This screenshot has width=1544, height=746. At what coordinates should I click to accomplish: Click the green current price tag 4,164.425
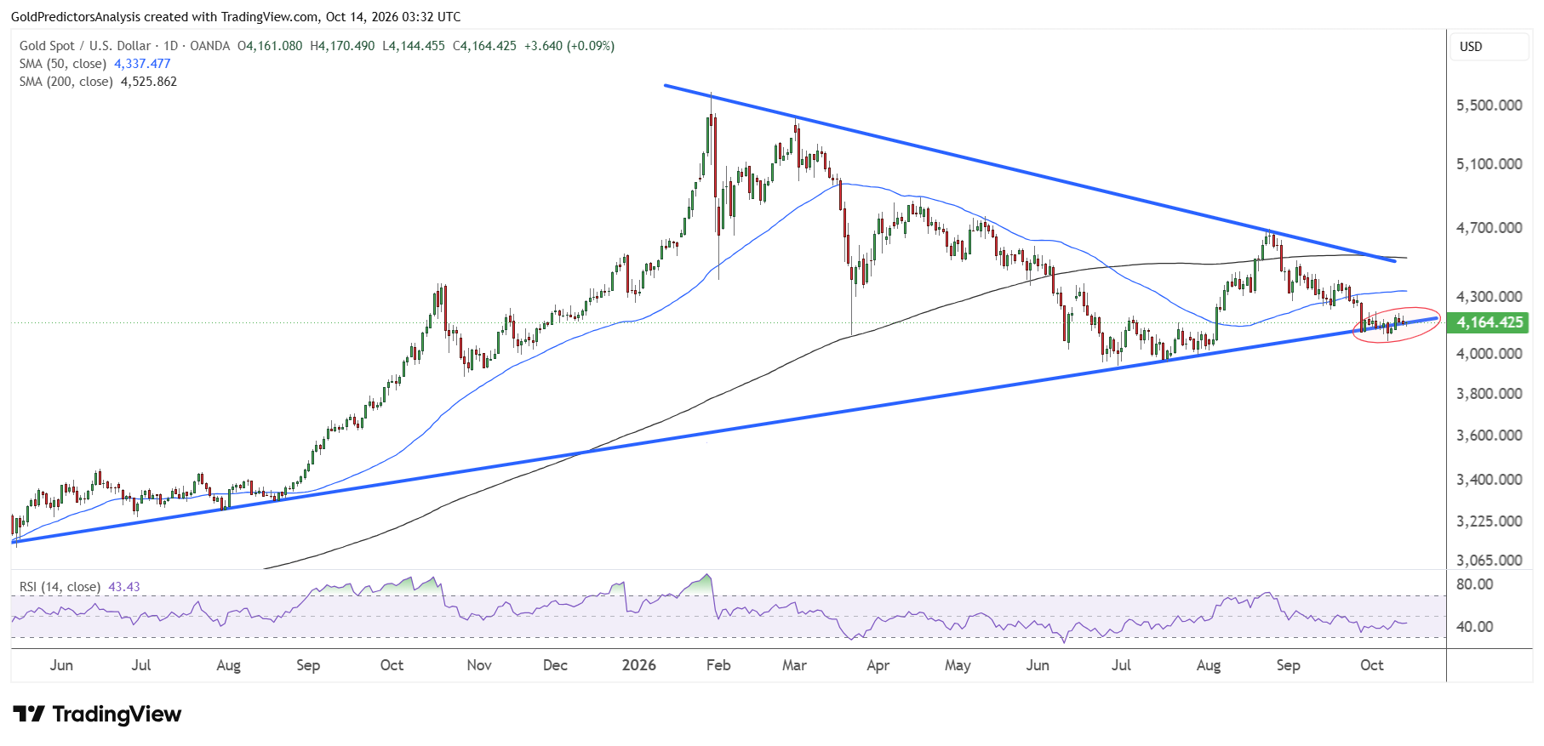1490,322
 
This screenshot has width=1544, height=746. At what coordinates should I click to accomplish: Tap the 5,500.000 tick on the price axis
1490,105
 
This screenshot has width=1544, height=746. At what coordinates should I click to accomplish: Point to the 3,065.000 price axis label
1490,560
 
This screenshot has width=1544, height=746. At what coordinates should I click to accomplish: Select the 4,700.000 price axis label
1490,228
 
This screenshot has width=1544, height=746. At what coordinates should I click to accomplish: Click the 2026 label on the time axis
639,665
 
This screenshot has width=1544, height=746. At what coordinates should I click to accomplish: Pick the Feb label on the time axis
718,665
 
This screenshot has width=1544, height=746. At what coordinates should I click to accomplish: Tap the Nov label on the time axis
479,665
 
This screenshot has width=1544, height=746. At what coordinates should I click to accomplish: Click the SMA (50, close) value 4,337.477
142,64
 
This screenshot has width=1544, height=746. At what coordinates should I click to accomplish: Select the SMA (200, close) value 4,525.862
149,82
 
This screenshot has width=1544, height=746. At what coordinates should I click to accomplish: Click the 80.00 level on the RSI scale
1475,584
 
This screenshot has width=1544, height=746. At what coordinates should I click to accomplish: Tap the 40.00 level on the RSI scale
1475,627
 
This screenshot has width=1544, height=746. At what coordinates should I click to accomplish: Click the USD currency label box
1490,47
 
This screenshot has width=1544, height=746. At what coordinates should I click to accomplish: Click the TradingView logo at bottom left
97,714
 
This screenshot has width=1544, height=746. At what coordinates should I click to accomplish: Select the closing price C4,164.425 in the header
484,46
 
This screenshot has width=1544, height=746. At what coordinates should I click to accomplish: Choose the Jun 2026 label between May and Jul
1038,665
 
